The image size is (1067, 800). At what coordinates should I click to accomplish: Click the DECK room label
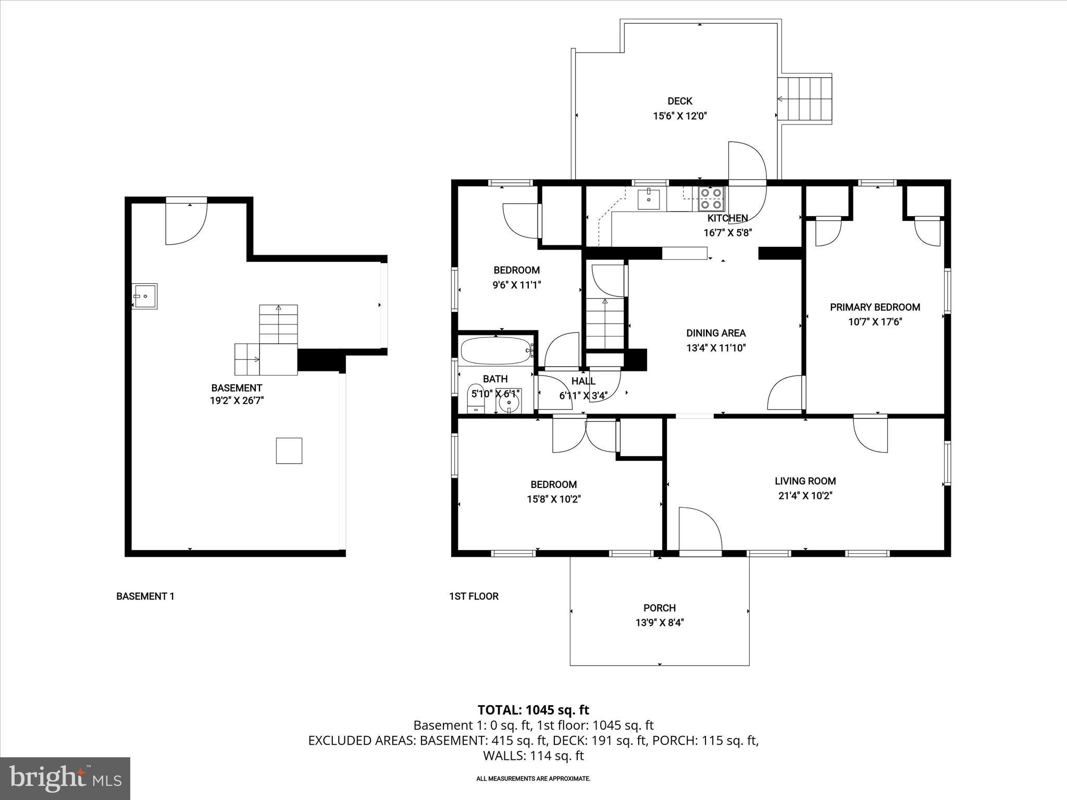point(679,101)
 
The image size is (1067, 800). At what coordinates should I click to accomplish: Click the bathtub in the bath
point(495,351)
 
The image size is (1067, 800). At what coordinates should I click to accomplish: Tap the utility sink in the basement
point(144,296)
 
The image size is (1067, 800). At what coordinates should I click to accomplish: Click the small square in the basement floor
point(289,451)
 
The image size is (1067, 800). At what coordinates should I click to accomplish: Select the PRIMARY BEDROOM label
point(875,307)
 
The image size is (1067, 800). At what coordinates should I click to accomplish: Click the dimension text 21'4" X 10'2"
point(805,496)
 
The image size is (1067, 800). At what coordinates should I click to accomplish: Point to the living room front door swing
point(700,530)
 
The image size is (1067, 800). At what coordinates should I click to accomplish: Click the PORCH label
point(659,608)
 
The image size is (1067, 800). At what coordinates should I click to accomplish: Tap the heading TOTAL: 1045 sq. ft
point(533,710)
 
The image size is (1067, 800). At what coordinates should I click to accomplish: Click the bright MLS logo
point(65,778)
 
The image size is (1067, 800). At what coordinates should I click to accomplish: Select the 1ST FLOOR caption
point(474,596)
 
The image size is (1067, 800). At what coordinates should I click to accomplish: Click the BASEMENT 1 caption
point(145,596)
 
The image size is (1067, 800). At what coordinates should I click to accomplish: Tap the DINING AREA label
point(715,333)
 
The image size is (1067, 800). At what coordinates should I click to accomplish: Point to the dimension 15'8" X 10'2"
point(553,499)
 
